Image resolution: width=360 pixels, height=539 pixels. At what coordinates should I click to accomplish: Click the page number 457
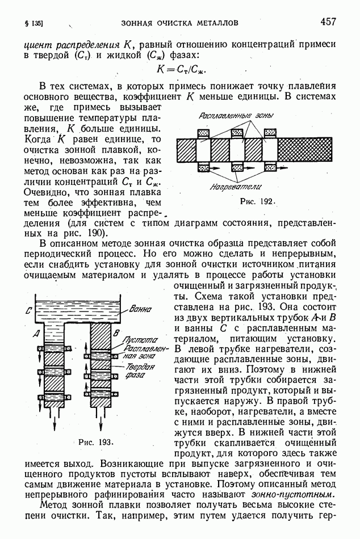coord(328,22)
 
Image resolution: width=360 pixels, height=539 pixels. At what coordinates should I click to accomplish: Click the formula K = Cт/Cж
coord(181,69)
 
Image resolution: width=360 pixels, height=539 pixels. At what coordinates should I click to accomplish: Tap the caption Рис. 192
coord(257,201)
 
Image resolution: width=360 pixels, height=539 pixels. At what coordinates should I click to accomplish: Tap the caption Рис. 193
coord(94,441)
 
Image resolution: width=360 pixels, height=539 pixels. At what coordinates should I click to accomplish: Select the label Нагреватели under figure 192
coord(234,186)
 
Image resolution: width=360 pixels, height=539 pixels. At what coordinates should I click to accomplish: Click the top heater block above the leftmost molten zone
coord(204,133)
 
